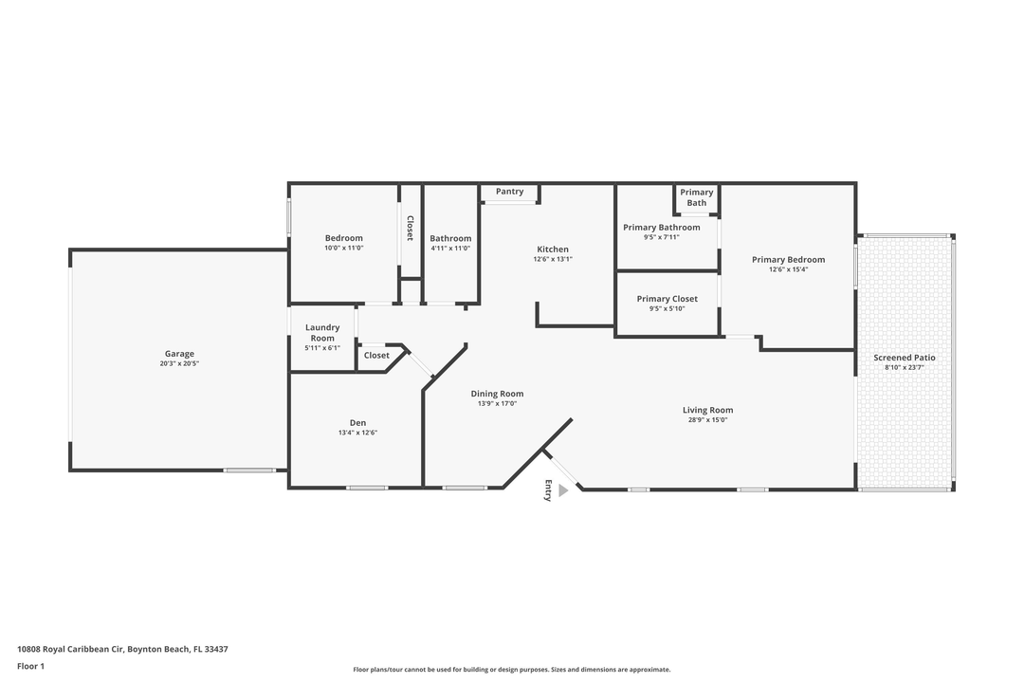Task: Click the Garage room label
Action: coord(179,354)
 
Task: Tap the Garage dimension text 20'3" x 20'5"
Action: coord(179,363)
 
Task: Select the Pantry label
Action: coord(509,192)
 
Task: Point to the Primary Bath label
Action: coord(697,197)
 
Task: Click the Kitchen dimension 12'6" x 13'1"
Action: coord(553,259)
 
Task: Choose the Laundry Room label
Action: coord(322,333)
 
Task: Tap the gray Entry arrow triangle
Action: coord(562,490)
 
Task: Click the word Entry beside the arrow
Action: coord(547,490)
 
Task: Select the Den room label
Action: coord(357,423)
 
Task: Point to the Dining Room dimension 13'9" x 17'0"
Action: coord(497,403)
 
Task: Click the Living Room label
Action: coord(708,410)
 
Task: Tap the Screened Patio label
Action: coord(905,358)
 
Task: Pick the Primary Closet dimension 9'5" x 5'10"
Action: coord(667,308)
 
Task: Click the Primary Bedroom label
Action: coord(788,260)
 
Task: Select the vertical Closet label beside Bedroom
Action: coord(410,228)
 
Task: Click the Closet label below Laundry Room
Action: coord(376,356)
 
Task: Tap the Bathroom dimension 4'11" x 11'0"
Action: coord(450,249)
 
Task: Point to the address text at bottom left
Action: coord(122,650)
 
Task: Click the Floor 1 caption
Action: coord(30,667)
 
